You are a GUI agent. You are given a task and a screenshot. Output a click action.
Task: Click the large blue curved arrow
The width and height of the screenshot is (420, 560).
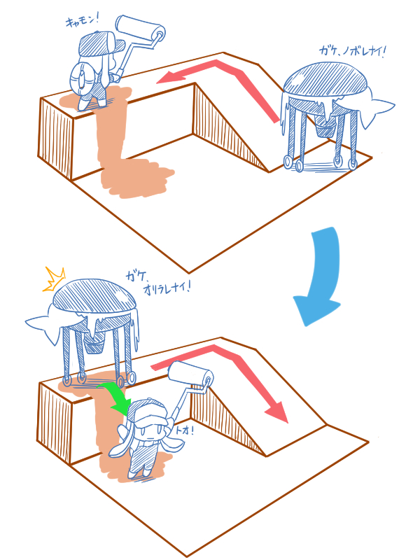click(x=323, y=272)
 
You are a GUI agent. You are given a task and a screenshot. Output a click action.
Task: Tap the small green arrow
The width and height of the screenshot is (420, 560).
click(x=114, y=396)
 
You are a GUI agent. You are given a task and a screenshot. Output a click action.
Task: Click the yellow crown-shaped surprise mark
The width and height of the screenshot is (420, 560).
click(x=54, y=279)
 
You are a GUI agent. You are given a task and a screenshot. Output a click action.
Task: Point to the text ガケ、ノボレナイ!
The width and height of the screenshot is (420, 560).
click(x=353, y=52)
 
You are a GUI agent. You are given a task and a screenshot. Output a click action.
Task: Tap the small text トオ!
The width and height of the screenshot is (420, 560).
click(x=185, y=430)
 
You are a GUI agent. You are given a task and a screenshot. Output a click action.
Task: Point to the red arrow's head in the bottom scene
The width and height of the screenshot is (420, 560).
click(x=277, y=412)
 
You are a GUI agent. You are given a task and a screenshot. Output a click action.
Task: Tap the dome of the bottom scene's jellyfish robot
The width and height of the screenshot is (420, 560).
click(x=94, y=295)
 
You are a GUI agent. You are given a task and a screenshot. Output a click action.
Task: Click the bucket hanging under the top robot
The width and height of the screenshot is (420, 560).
click(x=325, y=129)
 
